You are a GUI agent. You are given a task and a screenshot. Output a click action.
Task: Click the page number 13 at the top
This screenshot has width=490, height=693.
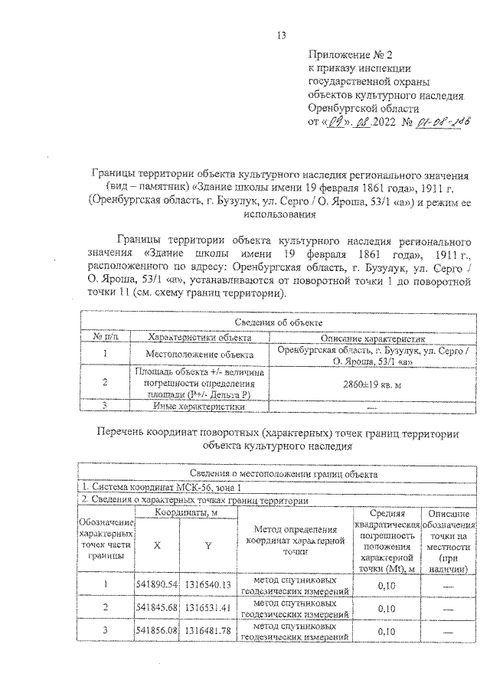281,35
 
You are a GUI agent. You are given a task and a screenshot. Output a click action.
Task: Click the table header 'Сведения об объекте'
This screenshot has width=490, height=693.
278,325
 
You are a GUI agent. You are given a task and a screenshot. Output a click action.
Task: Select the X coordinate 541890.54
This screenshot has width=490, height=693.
157,585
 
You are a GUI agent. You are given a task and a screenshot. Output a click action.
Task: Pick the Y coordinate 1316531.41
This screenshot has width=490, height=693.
207,607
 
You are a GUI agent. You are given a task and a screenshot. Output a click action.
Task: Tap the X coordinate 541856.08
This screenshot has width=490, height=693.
157,631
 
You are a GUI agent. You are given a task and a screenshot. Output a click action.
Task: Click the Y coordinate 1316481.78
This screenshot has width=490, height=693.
207,631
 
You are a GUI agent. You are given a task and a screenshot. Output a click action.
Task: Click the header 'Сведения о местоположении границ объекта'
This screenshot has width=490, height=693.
278,475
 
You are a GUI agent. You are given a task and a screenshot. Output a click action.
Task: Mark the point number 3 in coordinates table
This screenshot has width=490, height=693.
106,631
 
